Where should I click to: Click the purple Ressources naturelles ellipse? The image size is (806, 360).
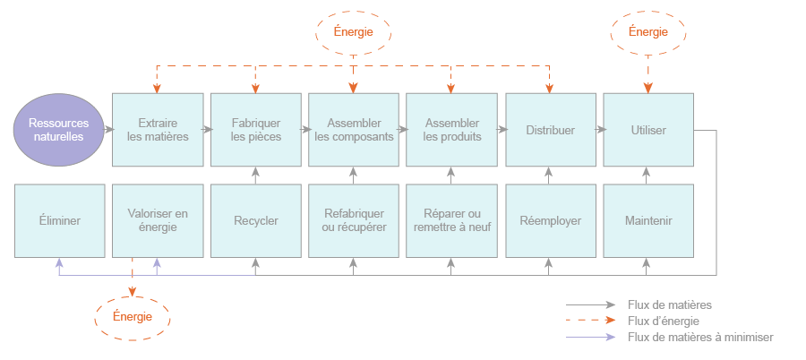point(58,130)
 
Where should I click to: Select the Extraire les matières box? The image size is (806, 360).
point(158,130)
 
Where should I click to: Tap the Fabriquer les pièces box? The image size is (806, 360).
point(256,130)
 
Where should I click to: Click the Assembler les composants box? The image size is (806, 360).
point(354,130)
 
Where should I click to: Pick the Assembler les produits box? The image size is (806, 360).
point(451,130)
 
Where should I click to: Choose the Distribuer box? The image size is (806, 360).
point(550,130)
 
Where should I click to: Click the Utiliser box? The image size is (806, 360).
point(648,130)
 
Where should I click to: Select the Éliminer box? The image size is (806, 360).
point(60,220)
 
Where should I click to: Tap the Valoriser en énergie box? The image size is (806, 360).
point(158,220)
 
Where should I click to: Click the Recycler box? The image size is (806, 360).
point(256,220)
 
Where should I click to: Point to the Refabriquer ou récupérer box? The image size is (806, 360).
point(354,220)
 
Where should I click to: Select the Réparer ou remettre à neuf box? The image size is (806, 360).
point(451,220)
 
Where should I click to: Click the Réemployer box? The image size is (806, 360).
point(550,220)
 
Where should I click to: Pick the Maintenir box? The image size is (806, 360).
point(648,220)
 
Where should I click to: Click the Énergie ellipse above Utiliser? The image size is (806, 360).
point(648,32)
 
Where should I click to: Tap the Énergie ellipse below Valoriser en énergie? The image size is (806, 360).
point(133,317)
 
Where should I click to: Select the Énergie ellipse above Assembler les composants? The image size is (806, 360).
point(354,32)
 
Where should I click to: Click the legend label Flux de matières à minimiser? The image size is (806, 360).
point(700,338)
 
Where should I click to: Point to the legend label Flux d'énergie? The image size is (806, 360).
point(664,321)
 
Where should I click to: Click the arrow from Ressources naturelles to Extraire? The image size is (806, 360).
point(107,130)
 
